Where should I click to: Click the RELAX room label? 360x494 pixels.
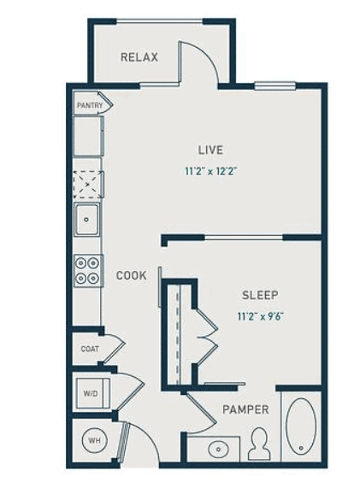[139, 57]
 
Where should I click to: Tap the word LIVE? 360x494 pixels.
[210, 150]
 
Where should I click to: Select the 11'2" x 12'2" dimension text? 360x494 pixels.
[210, 172]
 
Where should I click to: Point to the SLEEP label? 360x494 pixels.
[260, 295]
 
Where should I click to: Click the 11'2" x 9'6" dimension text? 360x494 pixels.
[260, 316]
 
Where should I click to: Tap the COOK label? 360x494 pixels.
[132, 276]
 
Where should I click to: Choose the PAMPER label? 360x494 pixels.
[246, 409]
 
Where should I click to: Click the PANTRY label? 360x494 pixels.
[90, 105]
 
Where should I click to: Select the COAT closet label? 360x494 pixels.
[90, 349]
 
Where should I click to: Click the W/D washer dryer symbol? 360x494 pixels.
[92, 393]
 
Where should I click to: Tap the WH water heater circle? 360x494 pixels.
[94, 440]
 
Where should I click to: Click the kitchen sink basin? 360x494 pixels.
[86, 220]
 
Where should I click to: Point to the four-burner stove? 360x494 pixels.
[89, 271]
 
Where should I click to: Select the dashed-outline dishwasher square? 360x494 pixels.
[88, 185]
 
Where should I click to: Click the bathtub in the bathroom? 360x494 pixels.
[301, 426]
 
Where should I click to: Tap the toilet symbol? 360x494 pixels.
[259, 444]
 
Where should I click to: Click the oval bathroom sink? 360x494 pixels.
[218, 449]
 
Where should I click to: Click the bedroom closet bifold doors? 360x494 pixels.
[208, 338]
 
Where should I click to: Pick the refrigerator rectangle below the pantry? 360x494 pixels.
[89, 136]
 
